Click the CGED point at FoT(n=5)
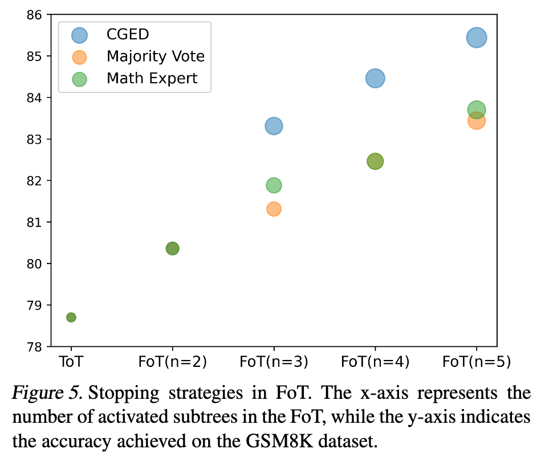(476, 38)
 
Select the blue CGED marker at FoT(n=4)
(375, 78)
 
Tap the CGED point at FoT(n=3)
(274, 126)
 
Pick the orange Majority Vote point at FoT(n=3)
(274, 209)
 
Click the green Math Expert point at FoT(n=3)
(274, 185)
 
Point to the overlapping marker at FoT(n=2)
(172, 248)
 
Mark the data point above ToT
(71, 317)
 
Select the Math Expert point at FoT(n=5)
(476, 109)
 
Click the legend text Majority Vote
(155, 56)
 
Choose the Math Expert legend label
(152, 78)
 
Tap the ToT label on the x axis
(71, 361)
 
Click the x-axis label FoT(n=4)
(375, 361)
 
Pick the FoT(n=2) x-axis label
(172, 361)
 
